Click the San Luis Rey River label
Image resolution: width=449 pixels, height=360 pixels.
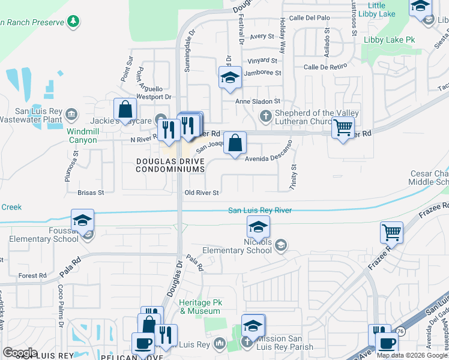click(x=260, y=211)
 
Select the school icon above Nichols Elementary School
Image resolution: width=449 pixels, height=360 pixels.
click(x=259, y=227)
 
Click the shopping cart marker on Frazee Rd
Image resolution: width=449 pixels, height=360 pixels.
click(x=391, y=232)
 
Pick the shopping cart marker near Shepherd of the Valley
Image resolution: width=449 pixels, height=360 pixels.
click(x=343, y=127)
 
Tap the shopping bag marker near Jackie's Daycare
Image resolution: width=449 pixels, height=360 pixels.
click(x=125, y=109)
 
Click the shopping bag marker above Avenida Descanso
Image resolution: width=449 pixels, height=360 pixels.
click(x=235, y=143)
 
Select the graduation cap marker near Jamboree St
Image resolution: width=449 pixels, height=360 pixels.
click(x=230, y=77)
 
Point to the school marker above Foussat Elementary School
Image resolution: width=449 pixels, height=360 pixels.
click(x=82, y=220)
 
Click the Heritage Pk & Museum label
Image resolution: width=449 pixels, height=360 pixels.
click(x=200, y=307)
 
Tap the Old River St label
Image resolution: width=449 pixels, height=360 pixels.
click(x=201, y=193)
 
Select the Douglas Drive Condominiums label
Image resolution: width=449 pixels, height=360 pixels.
click(x=170, y=166)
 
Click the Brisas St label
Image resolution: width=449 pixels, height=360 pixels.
click(x=91, y=193)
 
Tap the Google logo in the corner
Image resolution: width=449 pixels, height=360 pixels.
click(x=20, y=352)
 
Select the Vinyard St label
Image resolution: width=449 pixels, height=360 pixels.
click(x=263, y=61)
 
